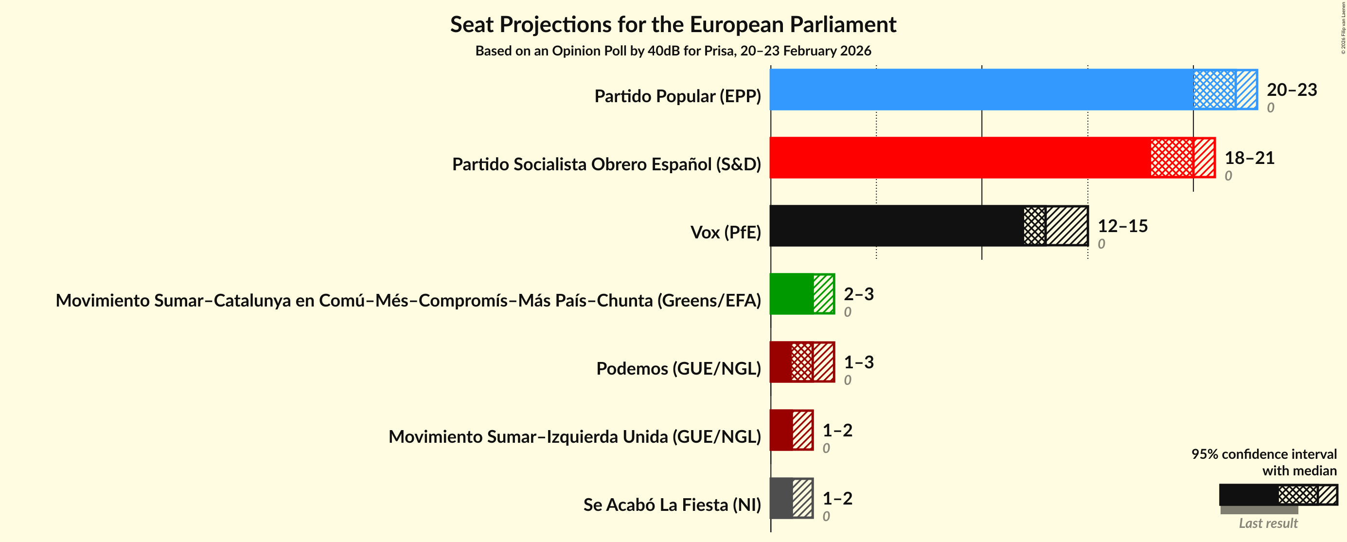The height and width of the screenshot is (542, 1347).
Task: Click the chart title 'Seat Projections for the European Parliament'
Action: click(x=673, y=25)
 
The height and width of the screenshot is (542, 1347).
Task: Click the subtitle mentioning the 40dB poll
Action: click(x=673, y=51)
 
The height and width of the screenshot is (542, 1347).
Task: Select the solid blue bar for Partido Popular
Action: click(x=980, y=90)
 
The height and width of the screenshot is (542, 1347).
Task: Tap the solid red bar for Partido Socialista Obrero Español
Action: click(x=959, y=158)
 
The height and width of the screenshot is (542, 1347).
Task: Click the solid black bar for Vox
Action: click(x=896, y=225)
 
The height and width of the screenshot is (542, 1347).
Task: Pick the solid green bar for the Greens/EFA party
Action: click(x=791, y=293)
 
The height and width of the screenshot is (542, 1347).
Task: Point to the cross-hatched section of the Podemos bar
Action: click(x=801, y=362)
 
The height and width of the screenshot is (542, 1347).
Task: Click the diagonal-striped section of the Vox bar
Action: click(x=1067, y=225)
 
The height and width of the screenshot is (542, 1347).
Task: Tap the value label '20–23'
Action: click(x=1292, y=90)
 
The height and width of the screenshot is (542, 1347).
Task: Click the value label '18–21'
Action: click(x=1249, y=158)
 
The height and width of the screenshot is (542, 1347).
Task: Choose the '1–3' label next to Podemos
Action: click(x=859, y=362)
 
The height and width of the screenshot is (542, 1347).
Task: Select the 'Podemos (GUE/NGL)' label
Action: click(x=678, y=369)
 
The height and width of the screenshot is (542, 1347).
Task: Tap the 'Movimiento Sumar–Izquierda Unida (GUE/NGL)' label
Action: click(x=574, y=437)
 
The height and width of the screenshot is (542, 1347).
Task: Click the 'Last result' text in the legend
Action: click(x=1268, y=523)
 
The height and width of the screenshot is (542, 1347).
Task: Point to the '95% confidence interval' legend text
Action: click(x=1263, y=454)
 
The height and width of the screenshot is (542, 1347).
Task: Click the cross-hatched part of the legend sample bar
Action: click(x=1297, y=494)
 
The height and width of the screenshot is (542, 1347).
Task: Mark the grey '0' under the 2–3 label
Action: click(x=848, y=312)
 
